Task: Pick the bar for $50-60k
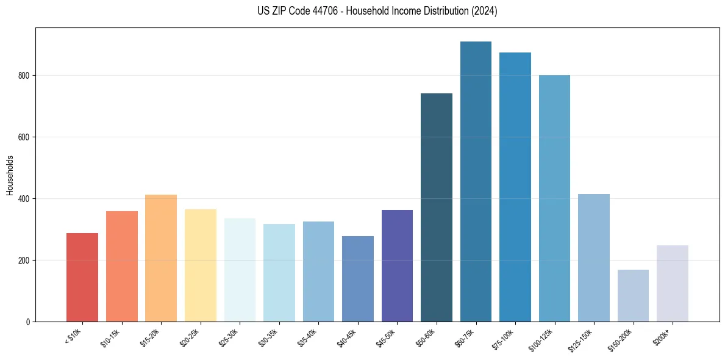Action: [x=437, y=207]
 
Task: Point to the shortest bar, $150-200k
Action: [x=633, y=295]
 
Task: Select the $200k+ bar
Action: [x=673, y=283]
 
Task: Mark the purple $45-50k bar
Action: [x=397, y=265]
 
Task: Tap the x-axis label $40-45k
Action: [x=347, y=337]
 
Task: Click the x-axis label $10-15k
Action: [x=111, y=337]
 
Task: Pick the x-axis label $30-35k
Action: [x=268, y=337]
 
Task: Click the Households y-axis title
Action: [x=10, y=175]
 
